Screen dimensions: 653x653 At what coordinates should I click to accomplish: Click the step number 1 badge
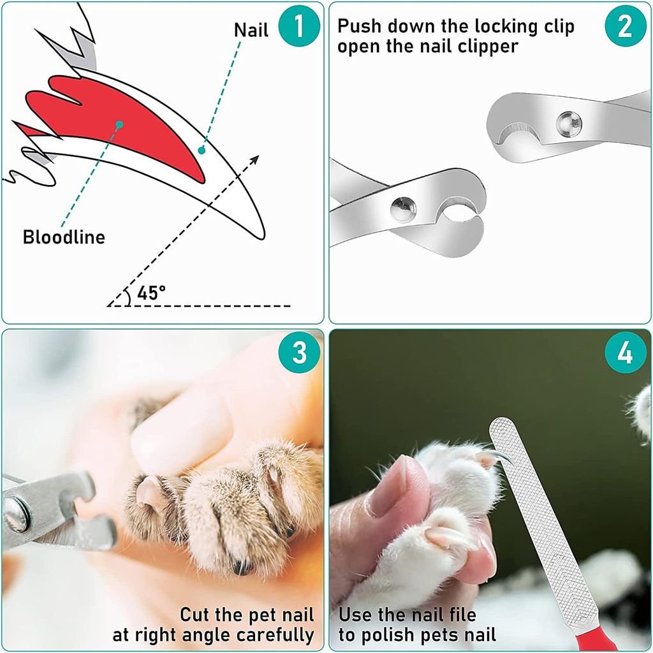click(x=298, y=26)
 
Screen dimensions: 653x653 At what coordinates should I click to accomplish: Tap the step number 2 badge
click(x=625, y=26)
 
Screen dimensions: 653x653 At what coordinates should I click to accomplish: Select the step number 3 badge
click(x=298, y=353)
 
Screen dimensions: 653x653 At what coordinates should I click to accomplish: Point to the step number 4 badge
click(x=625, y=353)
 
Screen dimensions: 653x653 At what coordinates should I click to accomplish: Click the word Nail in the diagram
click(x=251, y=29)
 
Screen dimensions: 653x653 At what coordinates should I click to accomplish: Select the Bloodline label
click(x=64, y=237)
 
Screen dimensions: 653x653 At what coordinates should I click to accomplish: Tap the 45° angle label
click(x=151, y=293)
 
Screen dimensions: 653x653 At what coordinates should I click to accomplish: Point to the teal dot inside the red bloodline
click(x=119, y=125)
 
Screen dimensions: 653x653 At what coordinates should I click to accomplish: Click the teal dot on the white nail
click(x=202, y=150)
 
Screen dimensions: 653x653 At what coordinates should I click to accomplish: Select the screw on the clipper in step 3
click(x=17, y=514)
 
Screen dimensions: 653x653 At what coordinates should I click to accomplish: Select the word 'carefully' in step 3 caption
click(x=275, y=635)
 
